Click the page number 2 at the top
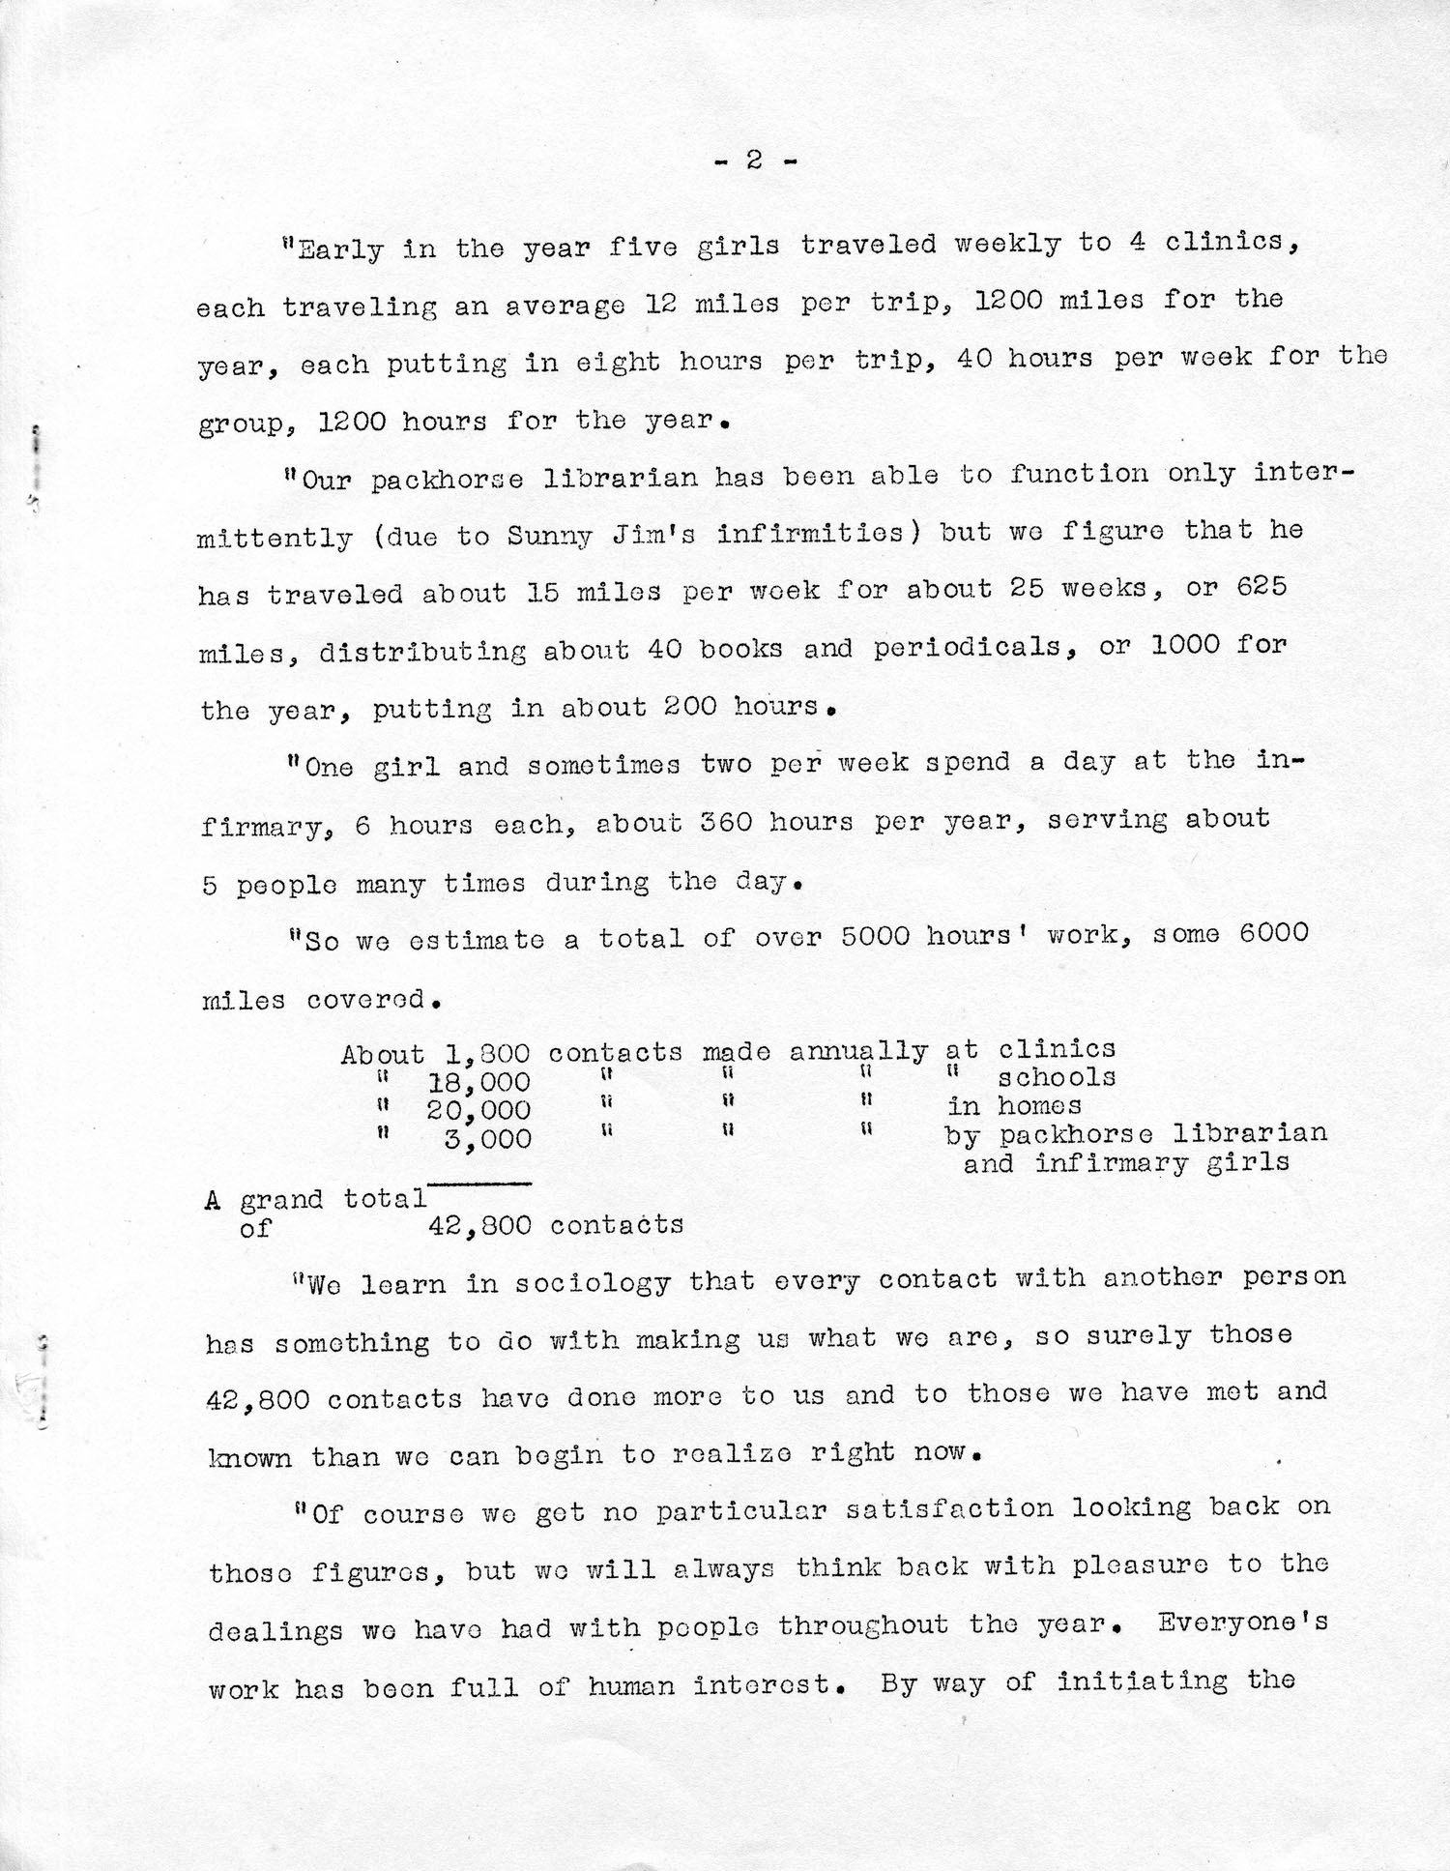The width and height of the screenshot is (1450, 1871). click(754, 161)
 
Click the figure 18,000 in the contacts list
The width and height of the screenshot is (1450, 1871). click(478, 1081)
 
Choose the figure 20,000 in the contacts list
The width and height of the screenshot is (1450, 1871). click(478, 1109)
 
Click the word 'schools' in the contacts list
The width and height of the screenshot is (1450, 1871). click(1057, 1077)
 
